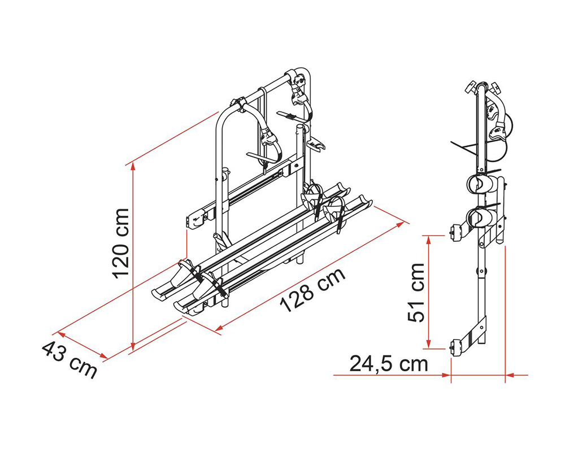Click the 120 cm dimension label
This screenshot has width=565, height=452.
[121, 244]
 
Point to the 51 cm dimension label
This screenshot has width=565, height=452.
[417, 293]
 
